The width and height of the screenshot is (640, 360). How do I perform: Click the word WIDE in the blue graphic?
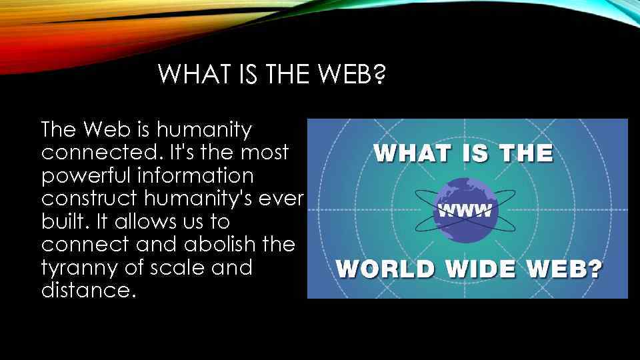click(481, 269)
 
